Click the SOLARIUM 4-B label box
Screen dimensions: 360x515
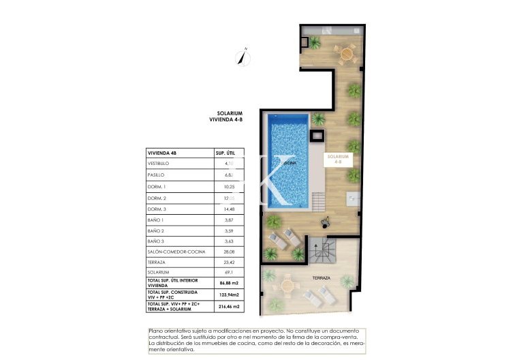click(339, 159)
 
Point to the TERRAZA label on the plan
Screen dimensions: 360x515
click(321, 278)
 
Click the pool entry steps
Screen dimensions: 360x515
click(318, 202)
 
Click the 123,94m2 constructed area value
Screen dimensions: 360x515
click(227, 295)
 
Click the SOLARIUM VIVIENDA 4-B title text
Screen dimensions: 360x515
click(225, 117)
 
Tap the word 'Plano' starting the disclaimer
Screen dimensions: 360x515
click(156, 331)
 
